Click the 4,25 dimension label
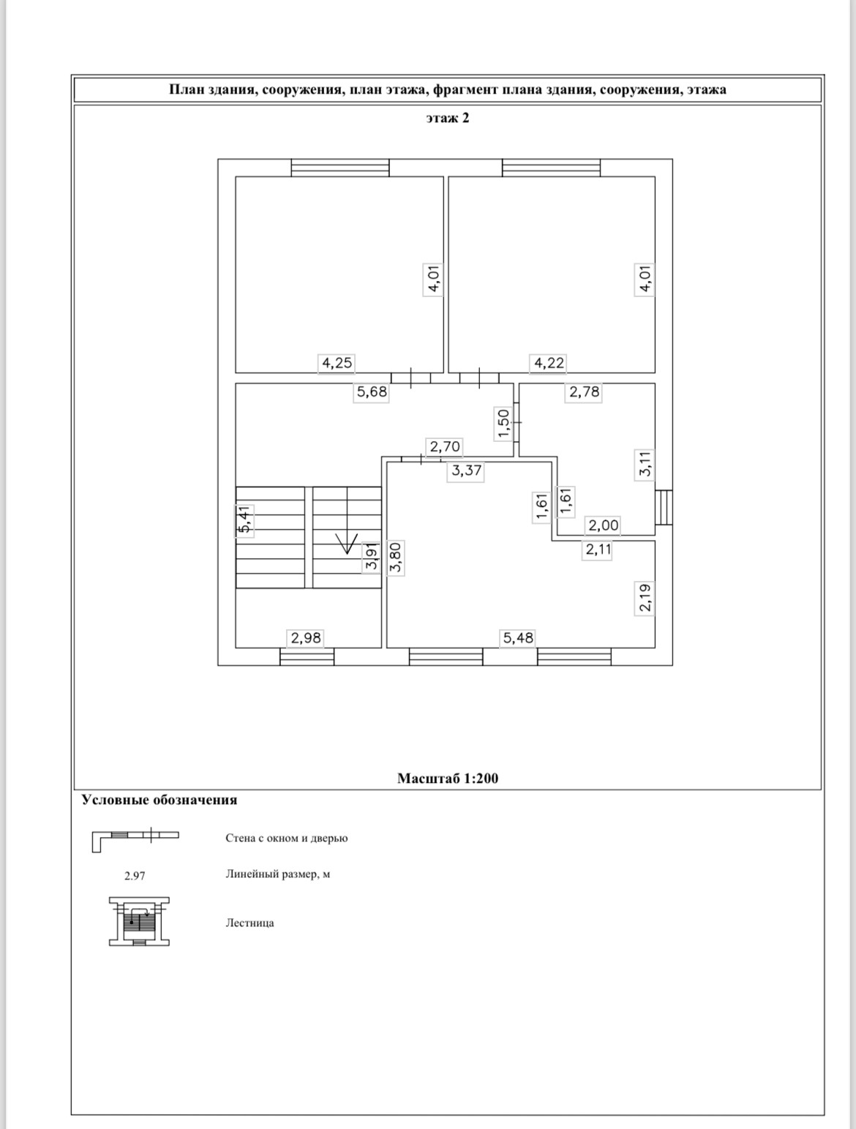[x=337, y=362]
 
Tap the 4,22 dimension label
[x=549, y=362]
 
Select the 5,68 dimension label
[x=372, y=391]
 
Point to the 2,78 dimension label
[x=584, y=391]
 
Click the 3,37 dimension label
[x=466, y=470]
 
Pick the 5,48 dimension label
[x=518, y=638]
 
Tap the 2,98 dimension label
[x=306, y=638]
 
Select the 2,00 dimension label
[x=604, y=525]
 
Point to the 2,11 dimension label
[x=598, y=550]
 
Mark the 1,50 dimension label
[x=503, y=424]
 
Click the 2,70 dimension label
[x=445, y=446]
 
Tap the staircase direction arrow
[x=346, y=542]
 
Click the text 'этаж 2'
[x=447, y=118]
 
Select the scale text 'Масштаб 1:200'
[x=447, y=778]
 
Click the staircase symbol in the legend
[x=139, y=921]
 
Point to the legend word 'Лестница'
[x=249, y=923]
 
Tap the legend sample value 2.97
[x=135, y=875]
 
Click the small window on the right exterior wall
[x=664, y=507]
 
